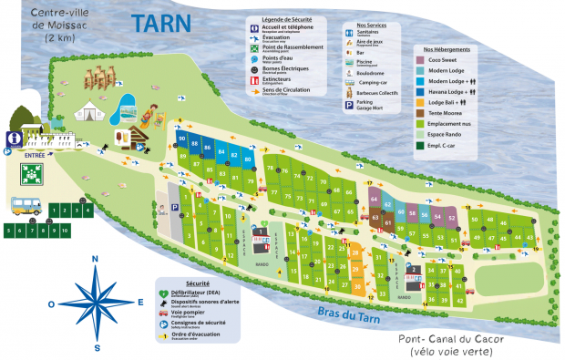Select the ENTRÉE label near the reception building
34,156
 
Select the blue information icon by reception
14,139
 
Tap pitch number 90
183,139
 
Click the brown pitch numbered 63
375,217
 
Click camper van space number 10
65,231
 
